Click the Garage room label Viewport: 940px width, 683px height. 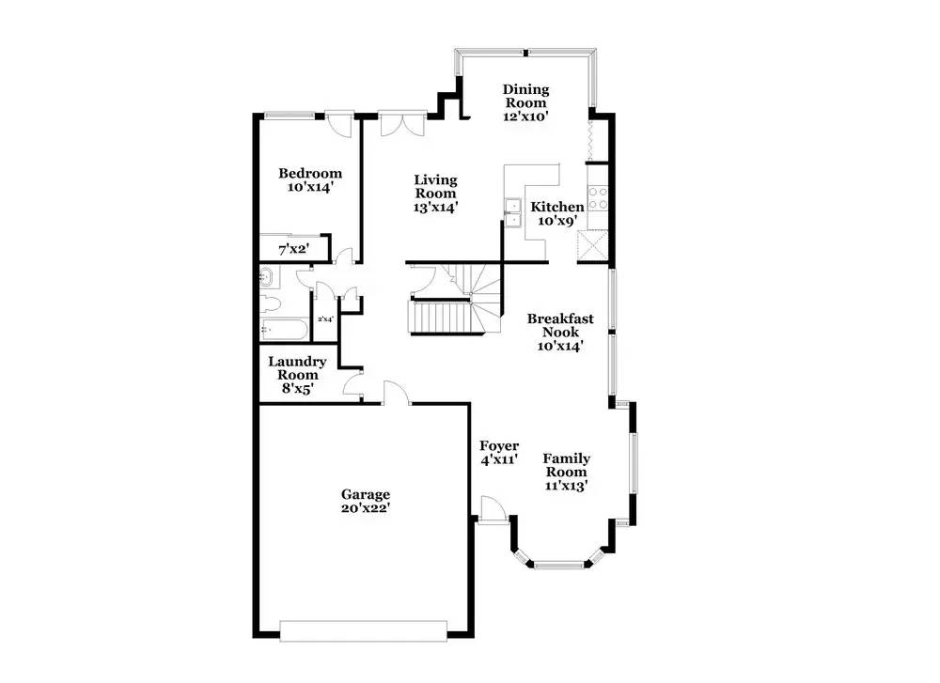tap(366, 494)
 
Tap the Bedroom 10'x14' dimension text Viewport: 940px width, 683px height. tap(310, 187)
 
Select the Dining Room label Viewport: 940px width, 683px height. tap(525, 96)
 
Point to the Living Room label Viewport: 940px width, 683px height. tap(436, 186)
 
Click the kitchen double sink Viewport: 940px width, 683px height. tap(512, 213)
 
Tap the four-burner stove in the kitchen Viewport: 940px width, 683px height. tap(598, 198)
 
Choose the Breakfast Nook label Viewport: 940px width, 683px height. tap(560, 325)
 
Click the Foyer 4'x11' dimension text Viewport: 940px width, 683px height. tap(499, 460)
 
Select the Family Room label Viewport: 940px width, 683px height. tap(567, 465)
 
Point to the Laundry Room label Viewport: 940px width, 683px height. tap(297, 368)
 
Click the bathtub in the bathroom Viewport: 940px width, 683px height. tap(285, 330)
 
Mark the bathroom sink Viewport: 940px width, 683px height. tap(267, 277)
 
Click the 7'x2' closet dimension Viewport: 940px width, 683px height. tap(293, 249)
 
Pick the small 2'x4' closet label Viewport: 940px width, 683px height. tap(325, 319)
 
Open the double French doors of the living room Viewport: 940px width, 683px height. tap(401, 123)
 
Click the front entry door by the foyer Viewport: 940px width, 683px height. tap(493, 510)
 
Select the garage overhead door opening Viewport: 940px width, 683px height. tap(363, 631)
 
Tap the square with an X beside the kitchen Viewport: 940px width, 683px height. tap(592, 246)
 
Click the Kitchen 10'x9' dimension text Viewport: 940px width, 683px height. tap(557, 221)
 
